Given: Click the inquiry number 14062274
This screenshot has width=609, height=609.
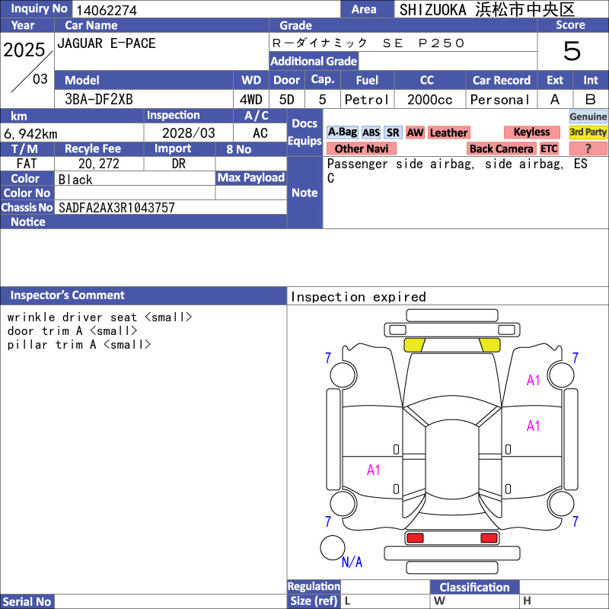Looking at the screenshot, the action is coord(107,10).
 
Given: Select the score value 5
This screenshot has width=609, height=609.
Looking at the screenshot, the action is coord(572,51).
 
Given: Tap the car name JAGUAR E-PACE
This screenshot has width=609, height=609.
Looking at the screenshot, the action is coord(107,43).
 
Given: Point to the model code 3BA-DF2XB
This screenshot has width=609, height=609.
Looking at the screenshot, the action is coord(99,100).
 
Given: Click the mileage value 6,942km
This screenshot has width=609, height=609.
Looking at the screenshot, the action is coord(30,134).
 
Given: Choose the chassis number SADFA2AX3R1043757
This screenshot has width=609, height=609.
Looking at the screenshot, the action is coord(116,208).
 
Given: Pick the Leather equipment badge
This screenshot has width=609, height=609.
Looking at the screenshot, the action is coord(448,132).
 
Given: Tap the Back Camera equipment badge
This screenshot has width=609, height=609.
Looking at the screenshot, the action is coord(502,148).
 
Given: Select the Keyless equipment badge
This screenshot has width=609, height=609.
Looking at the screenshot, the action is coord(531,132).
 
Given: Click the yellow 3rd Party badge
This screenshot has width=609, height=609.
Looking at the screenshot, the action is coord(588,132).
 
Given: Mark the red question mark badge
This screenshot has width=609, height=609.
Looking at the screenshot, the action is coord(588,148).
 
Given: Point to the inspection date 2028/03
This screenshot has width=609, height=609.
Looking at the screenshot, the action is coord(188,133).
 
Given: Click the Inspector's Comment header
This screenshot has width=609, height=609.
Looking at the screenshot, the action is coord(68,295).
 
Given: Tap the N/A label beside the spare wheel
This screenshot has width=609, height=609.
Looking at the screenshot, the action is coord(352,562).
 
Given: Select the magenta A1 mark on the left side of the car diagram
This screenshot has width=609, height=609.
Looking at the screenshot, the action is coord(373,470).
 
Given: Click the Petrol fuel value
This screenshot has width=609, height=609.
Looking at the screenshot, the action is coord(367,100).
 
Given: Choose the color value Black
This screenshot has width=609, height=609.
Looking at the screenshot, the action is coord(75,180).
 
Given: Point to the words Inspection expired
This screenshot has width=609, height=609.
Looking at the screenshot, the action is coord(358,297).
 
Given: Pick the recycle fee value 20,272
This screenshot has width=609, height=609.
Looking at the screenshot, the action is coord(99,164).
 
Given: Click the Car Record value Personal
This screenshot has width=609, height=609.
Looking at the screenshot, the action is coord(500,100).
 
